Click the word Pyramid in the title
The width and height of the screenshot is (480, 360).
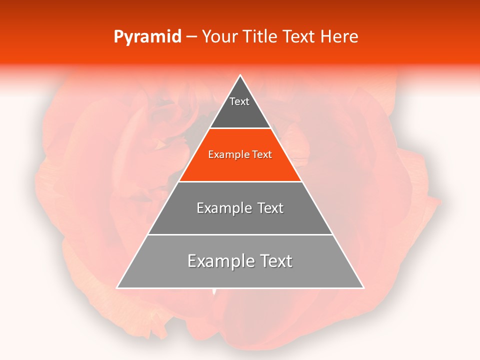pos(147,37)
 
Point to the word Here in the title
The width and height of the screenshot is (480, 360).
pos(339,37)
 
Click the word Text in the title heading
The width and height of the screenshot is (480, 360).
pos(299,37)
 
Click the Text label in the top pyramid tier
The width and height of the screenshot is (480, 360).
pos(239,101)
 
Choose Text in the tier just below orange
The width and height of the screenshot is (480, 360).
pos(270,208)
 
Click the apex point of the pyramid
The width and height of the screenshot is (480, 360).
pos(240,75)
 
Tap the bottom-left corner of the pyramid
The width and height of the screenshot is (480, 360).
pos(116,288)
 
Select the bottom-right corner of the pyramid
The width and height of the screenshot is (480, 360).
pos(364,288)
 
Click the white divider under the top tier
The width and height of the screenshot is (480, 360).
pos(240,128)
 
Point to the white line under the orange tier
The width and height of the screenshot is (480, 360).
pos(240,181)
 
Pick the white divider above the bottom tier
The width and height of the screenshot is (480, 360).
pos(240,234)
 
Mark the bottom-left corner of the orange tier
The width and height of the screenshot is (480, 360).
pos(178,181)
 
